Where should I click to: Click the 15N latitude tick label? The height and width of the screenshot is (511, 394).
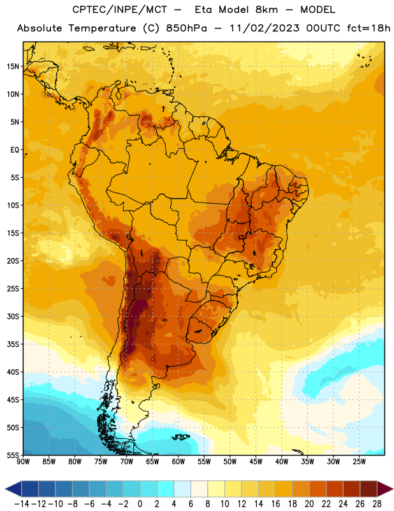[13, 66]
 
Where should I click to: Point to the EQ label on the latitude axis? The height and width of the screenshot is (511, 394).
[15, 150]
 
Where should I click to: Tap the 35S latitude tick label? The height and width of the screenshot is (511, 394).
[13, 344]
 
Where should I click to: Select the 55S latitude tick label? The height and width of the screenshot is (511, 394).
[13, 455]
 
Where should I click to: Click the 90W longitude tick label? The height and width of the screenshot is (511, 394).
[23, 462]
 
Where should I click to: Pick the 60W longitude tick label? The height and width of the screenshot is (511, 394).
[179, 462]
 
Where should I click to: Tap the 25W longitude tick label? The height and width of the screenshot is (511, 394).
[359, 462]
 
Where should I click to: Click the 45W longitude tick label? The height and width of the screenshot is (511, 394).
[256, 462]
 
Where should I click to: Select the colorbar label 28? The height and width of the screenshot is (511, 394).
[377, 504]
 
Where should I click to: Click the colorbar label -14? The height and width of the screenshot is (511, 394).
[22, 504]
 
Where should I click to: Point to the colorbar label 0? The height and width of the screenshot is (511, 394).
[140, 504]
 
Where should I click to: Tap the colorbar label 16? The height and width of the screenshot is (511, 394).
[275, 504]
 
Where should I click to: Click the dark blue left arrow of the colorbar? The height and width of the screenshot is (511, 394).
[13, 489]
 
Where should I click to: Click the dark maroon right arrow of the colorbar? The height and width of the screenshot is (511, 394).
[385, 489]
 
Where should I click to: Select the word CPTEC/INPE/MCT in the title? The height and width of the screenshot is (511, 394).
[120, 10]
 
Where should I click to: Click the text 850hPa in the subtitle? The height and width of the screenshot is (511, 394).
[186, 28]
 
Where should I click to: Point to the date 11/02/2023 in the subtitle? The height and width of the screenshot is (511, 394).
[265, 28]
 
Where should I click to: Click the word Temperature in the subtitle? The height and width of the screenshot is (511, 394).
[102, 29]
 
